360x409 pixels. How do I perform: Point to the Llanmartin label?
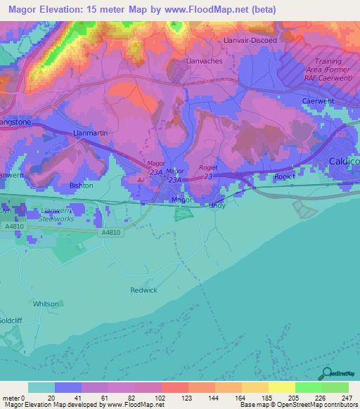click(x=90, y=132)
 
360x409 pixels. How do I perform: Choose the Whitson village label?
click(x=46, y=304)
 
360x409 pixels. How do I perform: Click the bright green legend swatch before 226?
click(x=308, y=387)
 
